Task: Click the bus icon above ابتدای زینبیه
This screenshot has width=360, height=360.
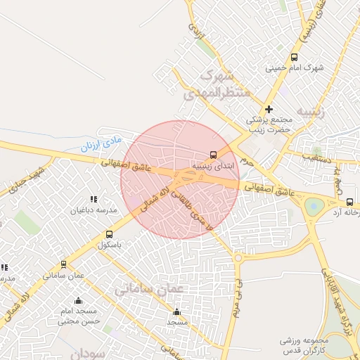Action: [x=213, y=155]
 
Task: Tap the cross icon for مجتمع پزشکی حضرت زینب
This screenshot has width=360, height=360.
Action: [x=269, y=109]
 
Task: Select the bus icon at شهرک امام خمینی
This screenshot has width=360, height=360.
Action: [x=294, y=58]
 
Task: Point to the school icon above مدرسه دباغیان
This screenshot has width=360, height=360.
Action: [x=94, y=200]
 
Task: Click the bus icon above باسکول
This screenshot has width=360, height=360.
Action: [x=109, y=234]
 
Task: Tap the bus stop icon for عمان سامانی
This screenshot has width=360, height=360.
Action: [x=64, y=264]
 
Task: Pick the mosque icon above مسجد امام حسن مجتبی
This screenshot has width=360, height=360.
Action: [x=78, y=300]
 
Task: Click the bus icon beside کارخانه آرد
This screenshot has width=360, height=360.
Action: [x=350, y=202]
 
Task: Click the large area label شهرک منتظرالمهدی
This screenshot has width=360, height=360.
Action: [x=210, y=84]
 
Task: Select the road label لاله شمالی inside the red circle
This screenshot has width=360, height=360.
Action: [x=157, y=196]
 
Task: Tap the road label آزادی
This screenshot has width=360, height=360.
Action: [x=196, y=31]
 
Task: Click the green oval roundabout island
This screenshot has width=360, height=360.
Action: [x=314, y=207]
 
